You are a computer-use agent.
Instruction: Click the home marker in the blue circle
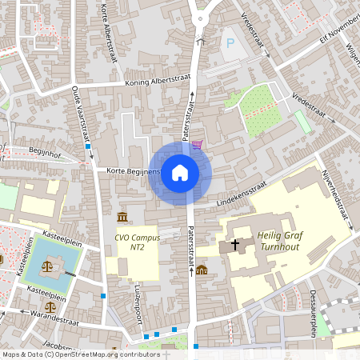coord(180,172)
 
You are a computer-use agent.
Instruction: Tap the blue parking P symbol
coord(231,42)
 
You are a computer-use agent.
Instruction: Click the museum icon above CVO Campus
coord(122,218)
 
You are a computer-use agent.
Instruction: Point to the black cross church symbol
coord(235,244)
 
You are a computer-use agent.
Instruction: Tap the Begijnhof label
coord(45,150)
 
